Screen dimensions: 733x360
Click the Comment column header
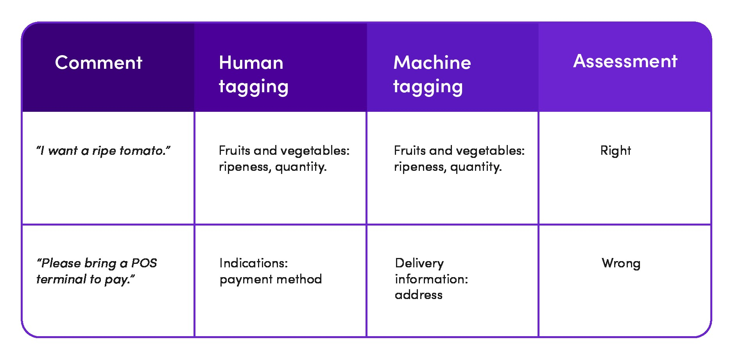point(99,63)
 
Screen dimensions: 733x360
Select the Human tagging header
point(253,74)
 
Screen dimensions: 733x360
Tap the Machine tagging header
point(432,74)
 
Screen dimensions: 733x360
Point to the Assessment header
point(625,61)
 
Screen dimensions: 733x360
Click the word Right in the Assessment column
point(615,150)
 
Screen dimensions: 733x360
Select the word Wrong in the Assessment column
point(621,263)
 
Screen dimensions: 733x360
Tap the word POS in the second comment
point(144,263)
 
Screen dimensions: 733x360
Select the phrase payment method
point(271,279)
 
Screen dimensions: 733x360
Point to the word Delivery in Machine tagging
point(419,263)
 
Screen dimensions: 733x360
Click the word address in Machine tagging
point(419,295)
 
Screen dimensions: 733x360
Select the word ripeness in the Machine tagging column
point(421,167)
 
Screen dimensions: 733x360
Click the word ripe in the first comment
point(104,151)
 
